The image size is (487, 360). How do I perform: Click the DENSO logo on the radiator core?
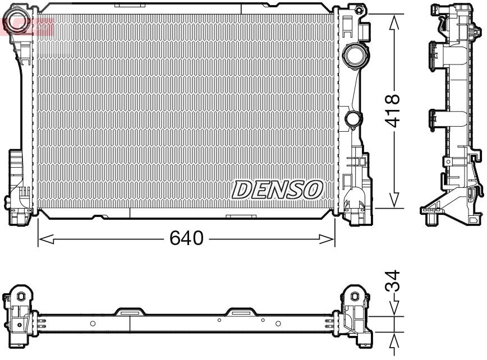click(277, 189)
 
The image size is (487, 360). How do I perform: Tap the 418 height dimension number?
click(393, 110)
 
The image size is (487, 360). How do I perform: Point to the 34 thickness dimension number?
click(394, 281)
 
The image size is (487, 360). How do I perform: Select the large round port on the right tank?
click(353, 56)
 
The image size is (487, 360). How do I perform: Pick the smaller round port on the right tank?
click(353, 119)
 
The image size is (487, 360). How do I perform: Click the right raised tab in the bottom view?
click(240, 311)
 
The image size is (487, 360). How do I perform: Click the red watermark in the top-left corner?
click(28, 25)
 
